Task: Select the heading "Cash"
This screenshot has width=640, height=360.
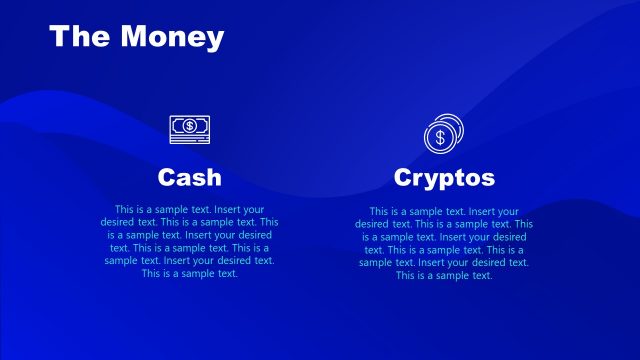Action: [x=190, y=178]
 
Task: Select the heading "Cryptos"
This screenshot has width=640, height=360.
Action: [x=444, y=178]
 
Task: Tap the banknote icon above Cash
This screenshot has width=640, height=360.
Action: [x=189, y=126]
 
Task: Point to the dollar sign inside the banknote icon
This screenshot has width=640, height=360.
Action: [x=189, y=126]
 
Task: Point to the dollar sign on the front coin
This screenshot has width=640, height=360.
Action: [x=437, y=139]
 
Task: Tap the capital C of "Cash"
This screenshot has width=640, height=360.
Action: [x=167, y=178]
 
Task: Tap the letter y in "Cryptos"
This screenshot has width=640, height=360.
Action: [x=430, y=181]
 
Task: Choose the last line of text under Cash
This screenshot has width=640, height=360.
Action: [x=190, y=273]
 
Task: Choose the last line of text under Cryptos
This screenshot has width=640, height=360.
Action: [x=444, y=275]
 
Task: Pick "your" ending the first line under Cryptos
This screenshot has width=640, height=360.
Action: [x=509, y=213]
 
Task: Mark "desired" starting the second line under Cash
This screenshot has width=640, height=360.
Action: [x=118, y=222]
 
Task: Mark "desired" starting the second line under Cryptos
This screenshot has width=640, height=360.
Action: [x=372, y=225]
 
